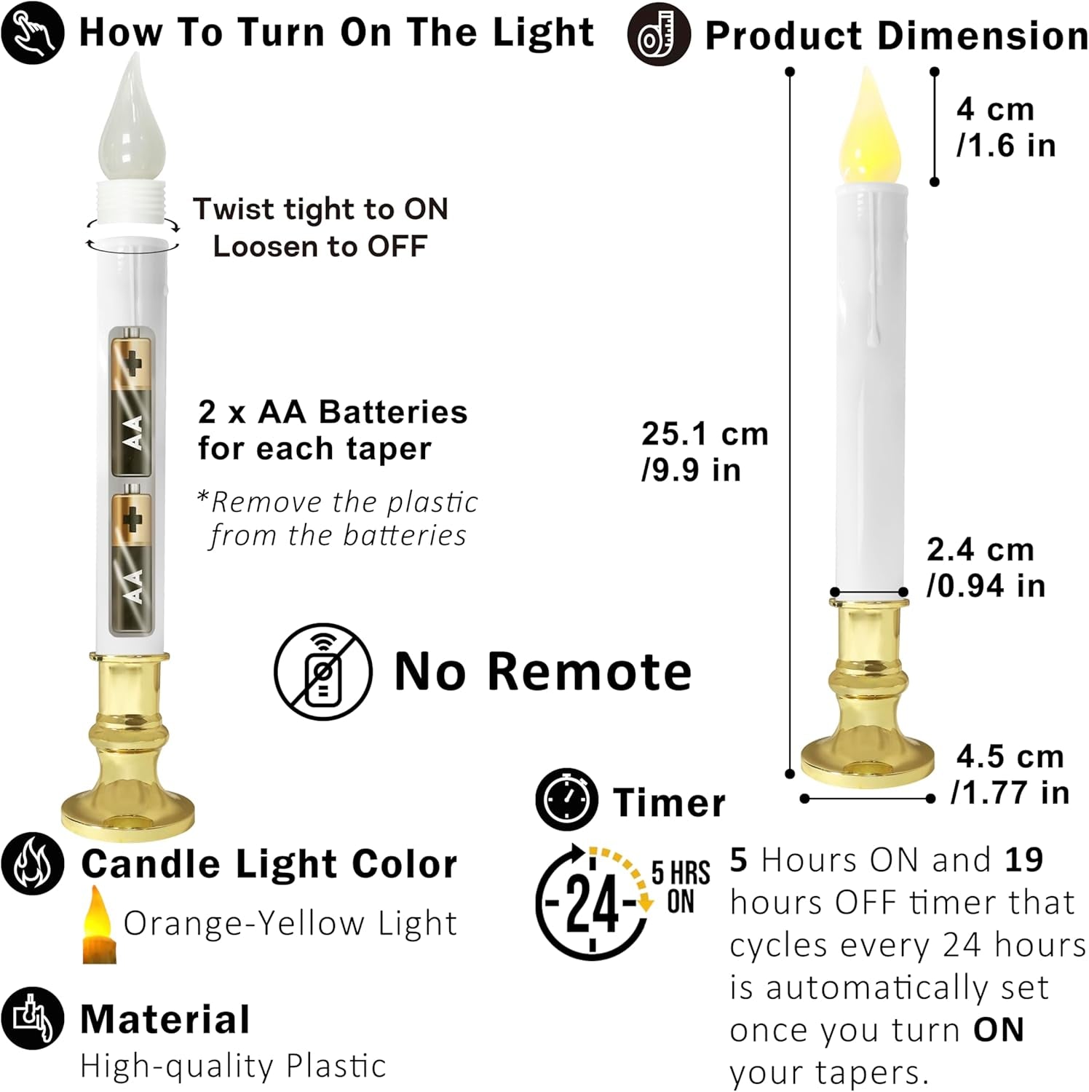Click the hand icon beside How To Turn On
(33, 32)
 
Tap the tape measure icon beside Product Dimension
(659, 34)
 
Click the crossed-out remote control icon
(323, 671)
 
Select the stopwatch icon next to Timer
(567, 799)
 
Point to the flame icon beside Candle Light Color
(33, 863)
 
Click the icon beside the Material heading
(33, 1018)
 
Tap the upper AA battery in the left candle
(132, 403)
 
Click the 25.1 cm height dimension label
(705, 451)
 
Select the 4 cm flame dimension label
(1006, 127)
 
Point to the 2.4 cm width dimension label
(986, 567)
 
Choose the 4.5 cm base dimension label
(1010, 774)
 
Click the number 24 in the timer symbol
(593, 903)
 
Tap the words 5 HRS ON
(681, 887)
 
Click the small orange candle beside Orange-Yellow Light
(100, 925)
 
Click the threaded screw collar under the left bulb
(132, 205)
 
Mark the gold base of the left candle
(129, 745)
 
